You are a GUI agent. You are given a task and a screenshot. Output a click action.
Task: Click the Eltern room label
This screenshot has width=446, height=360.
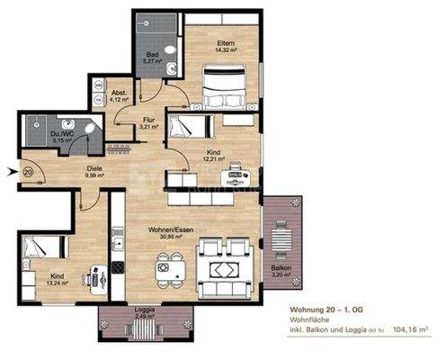[x=224, y=43]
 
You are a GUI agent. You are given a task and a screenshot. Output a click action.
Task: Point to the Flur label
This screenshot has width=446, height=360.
[x=150, y=119]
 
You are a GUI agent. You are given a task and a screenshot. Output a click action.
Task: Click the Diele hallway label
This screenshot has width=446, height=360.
[x=94, y=166]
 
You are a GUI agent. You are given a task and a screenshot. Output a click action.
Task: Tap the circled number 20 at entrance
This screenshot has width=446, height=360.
[x=29, y=170]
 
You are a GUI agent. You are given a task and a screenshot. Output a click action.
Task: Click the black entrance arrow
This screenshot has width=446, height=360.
[x=11, y=170]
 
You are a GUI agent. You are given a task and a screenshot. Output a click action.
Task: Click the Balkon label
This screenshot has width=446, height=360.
[x=281, y=267]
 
